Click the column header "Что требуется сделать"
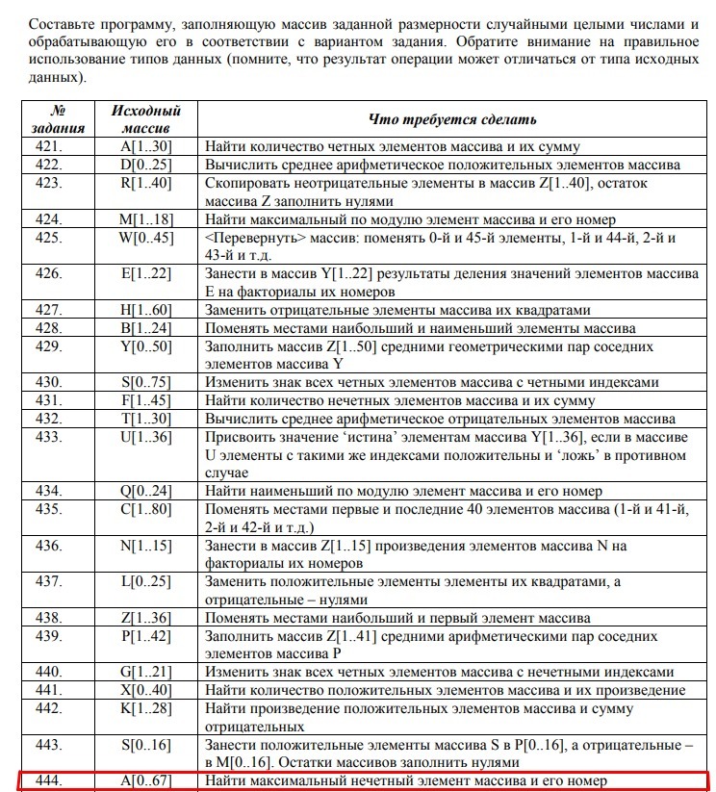tap(452, 119)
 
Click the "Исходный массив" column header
tap(145, 119)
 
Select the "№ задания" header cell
tap(60, 119)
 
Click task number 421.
tap(48, 147)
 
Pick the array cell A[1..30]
tap(145, 147)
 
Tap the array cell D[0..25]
tap(145, 165)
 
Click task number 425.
tap(48, 237)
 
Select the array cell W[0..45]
tap(145, 237)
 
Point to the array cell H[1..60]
tap(145, 310)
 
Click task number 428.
tap(48, 328)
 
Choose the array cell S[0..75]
tap(145, 382)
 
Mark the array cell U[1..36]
tap(145, 436)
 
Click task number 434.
tap(48, 491)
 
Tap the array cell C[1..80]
tap(145, 509)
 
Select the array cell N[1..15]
tap(145, 546)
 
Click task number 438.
tap(48, 618)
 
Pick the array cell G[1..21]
tap(145, 672)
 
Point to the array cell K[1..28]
tap(145, 708)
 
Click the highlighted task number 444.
tap(48, 780)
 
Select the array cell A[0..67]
tap(145, 780)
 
